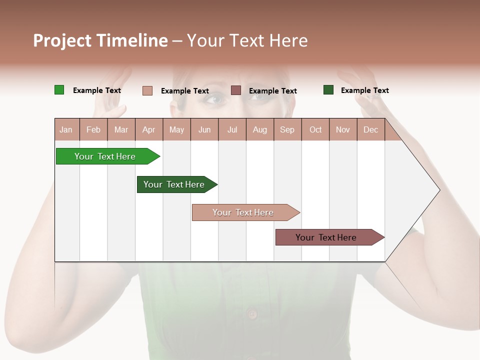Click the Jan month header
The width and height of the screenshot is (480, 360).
pos(66,129)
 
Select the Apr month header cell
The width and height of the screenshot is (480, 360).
pos(149,129)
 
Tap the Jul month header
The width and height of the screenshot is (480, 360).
pos(232,129)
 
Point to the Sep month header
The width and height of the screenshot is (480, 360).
pos(287,129)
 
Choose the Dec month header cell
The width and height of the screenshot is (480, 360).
pos(370,129)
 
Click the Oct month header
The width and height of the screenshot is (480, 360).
pos(315,129)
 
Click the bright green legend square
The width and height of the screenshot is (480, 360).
pos(59,90)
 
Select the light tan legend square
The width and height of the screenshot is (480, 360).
pos(147,90)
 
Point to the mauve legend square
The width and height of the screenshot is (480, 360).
pos(236,90)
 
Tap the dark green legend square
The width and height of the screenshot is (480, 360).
pos(328,90)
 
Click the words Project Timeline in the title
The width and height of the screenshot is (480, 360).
pos(100,40)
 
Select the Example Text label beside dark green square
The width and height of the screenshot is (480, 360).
pos(364,90)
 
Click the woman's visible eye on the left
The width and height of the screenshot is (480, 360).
pos(215,98)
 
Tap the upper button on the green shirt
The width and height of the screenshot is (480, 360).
pos(252,314)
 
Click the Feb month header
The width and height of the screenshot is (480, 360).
pos(93,129)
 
